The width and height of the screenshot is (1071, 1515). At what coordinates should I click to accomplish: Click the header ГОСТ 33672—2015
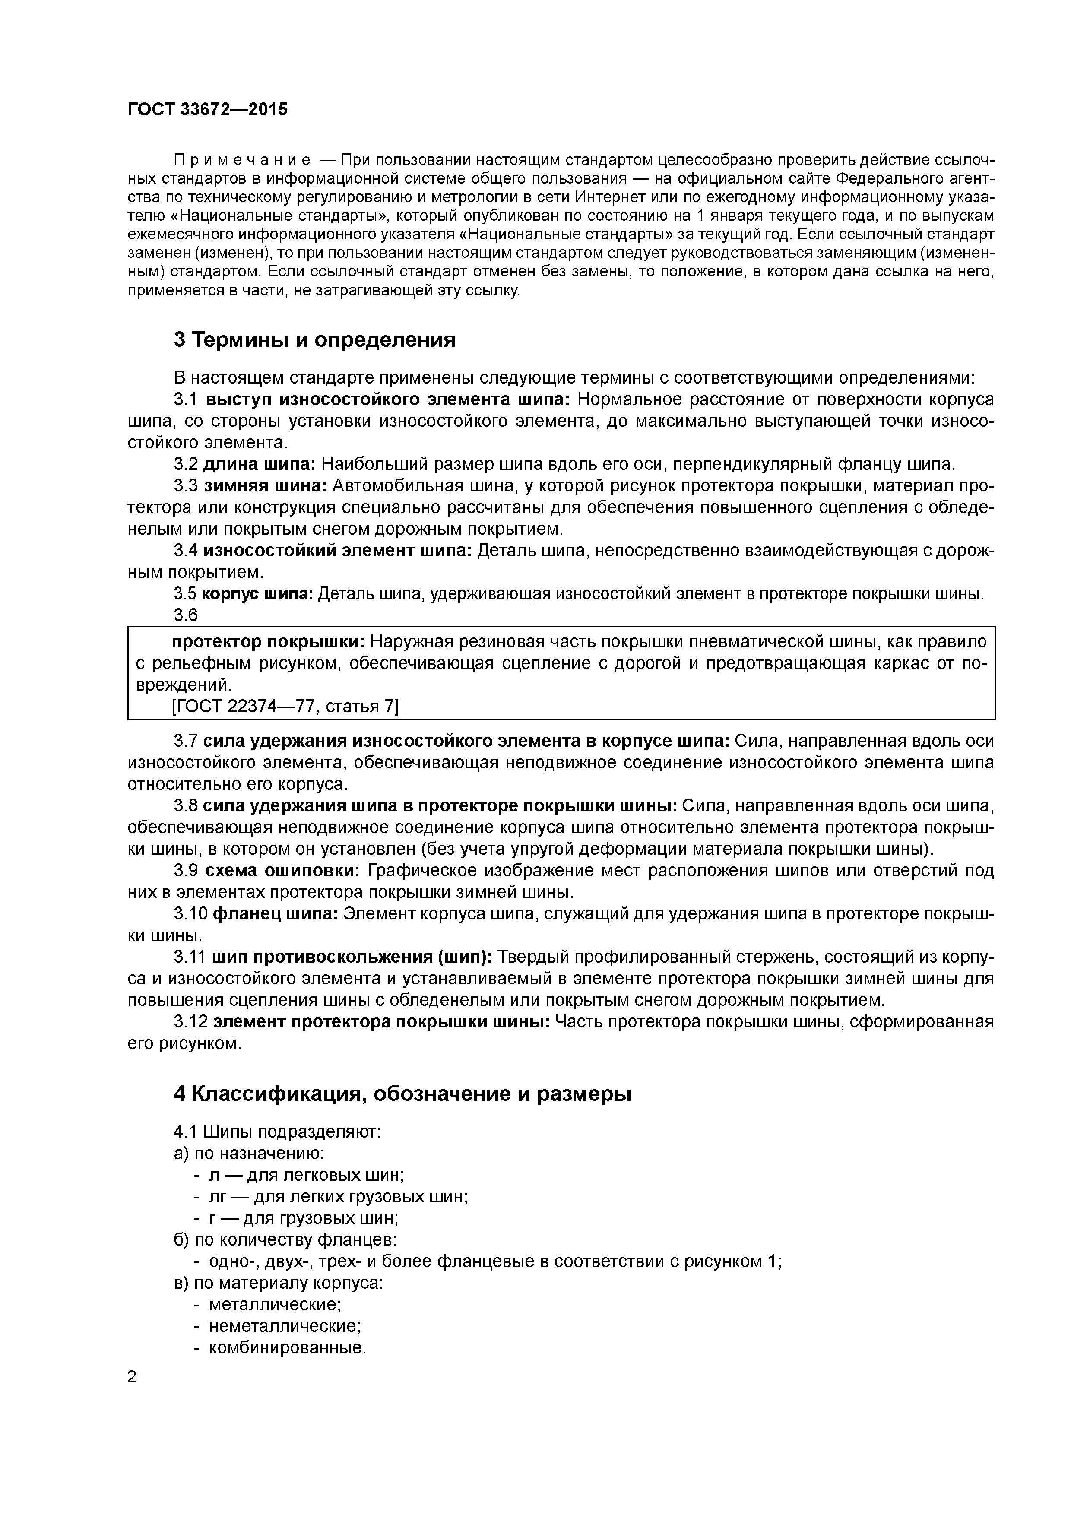(208, 110)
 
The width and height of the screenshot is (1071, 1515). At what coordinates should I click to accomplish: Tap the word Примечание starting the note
(242, 160)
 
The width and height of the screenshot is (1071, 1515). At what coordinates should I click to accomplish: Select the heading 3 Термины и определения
(315, 340)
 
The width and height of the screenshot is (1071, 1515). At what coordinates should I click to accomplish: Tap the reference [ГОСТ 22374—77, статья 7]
(285, 706)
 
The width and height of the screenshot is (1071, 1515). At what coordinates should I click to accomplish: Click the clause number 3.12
(191, 1021)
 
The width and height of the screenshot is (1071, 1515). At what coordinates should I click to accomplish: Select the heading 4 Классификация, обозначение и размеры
(402, 1094)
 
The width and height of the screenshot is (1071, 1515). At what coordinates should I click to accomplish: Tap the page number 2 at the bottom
(132, 1377)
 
